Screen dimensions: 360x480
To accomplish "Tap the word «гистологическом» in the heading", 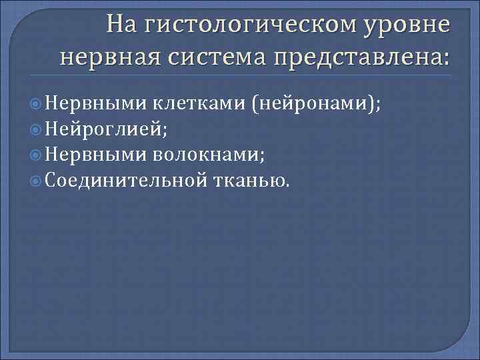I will click(246, 25).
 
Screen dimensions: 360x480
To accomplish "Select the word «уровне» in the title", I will click(406, 25).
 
